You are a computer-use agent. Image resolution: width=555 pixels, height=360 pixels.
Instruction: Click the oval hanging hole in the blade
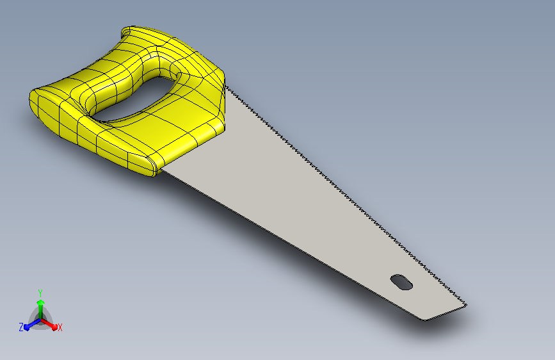tap(401, 282)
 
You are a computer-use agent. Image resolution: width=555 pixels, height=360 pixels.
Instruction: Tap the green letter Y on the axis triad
tap(40, 293)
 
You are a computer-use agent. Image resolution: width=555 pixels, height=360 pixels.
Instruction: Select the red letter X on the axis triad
tap(60, 327)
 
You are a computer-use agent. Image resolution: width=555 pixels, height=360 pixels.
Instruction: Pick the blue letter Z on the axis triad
tap(21, 327)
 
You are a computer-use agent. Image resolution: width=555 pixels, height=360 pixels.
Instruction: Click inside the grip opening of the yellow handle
tap(134, 99)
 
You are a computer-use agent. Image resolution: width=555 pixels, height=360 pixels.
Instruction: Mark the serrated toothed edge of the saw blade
tap(346, 195)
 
